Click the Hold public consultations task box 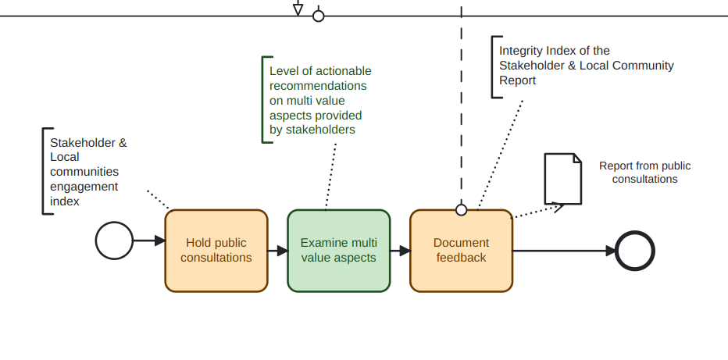[x=216, y=251]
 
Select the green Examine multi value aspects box [x=338, y=251]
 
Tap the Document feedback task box [x=461, y=251]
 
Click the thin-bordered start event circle [x=114, y=240]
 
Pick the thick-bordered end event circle [x=634, y=251]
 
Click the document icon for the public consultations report [x=562, y=179]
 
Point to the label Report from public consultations [x=644, y=173]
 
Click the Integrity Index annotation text [x=586, y=66]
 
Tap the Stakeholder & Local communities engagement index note [x=87, y=172]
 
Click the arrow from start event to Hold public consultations [x=148, y=241]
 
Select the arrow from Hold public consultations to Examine [x=277, y=251]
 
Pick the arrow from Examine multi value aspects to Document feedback [x=400, y=251]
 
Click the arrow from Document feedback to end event [x=562, y=251]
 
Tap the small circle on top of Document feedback [x=461, y=209]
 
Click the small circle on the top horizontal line [x=318, y=16]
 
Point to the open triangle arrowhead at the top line [x=298, y=9]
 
